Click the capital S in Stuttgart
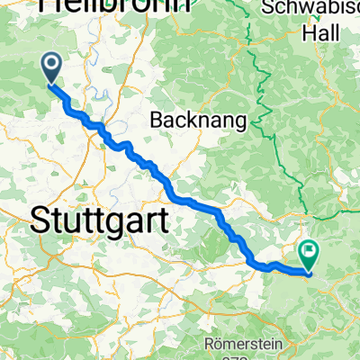pos(40,219)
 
